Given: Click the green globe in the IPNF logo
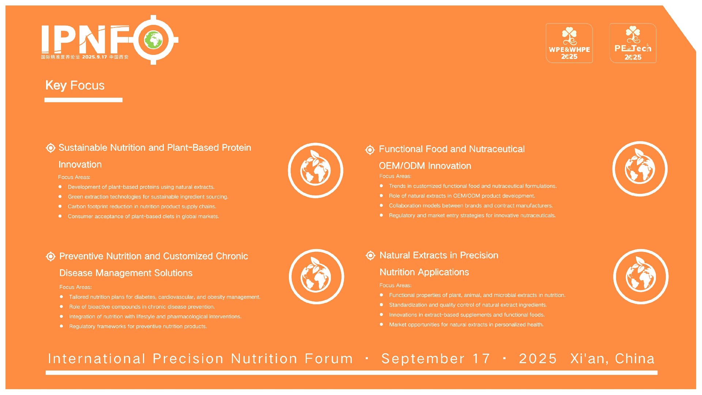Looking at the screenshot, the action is pyautogui.click(x=154, y=39).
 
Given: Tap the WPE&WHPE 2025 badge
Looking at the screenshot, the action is pyautogui.click(x=569, y=43).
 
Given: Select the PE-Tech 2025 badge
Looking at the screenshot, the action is pyautogui.click(x=633, y=43).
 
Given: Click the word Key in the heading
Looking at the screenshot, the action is pyautogui.click(x=56, y=86).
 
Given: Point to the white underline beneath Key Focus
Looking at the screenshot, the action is pyautogui.click(x=83, y=100).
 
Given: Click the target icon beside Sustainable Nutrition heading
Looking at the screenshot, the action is pyautogui.click(x=50, y=148).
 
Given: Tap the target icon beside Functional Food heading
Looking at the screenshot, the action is pyautogui.click(x=370, y=150).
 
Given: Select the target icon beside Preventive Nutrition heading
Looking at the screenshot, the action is pyautogui.click(x=51, y=256).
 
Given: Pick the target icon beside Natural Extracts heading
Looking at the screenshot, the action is pyautogui.click(x=370, y=255).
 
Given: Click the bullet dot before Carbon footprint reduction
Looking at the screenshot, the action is pyautogui.click(x=60, y=206).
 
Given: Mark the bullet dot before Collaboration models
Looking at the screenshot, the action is pyautogui.click(x=381, y=206).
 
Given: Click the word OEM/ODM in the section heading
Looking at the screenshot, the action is pyautogui.click(x=402, y=166).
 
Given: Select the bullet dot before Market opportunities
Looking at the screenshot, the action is pyautogui.click(x=381, y=324).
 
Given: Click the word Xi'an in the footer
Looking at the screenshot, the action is pyautogui.click(x=589, y=359).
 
